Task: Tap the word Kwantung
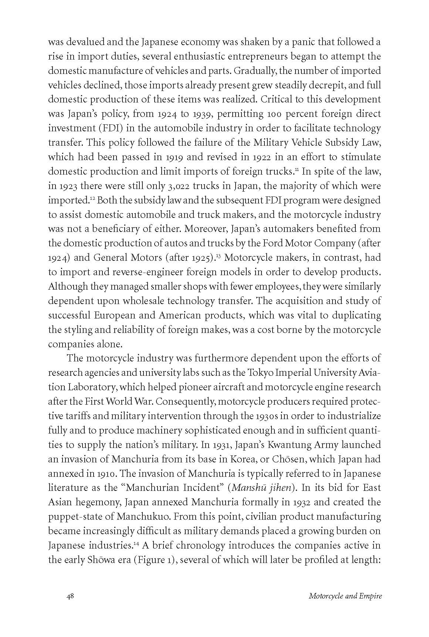pos(295,445)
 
